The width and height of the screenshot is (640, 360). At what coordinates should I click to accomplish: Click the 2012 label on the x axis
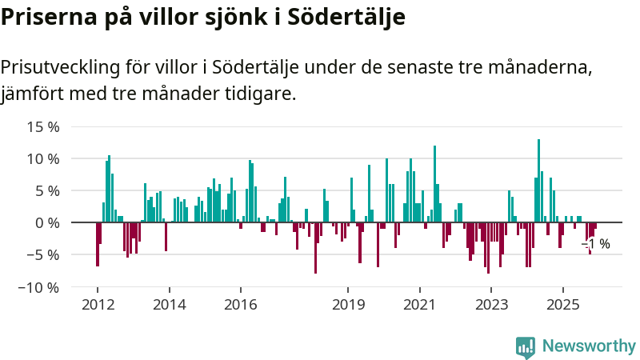97,304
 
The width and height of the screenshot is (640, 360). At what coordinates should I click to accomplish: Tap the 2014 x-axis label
169,304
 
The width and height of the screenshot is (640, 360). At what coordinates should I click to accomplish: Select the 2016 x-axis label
240,304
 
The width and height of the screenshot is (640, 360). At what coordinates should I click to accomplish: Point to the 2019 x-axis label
347,304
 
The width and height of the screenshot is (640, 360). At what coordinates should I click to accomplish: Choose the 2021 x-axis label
419,304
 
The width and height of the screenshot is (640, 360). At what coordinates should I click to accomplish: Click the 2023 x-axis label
491,304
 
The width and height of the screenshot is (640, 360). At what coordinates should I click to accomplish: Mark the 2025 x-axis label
562,304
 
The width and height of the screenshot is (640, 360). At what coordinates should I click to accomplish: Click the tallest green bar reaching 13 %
538,180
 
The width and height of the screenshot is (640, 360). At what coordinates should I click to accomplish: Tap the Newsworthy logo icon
526,346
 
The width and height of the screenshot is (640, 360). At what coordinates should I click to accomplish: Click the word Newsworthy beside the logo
589,346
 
